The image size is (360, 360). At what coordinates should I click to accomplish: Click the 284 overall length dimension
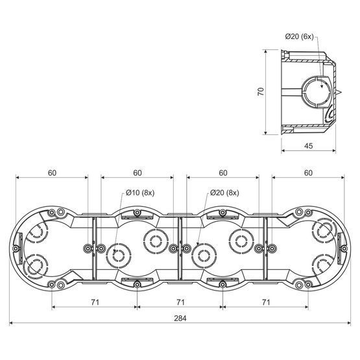point(180,318)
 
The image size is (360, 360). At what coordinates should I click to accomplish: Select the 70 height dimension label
point(261,91)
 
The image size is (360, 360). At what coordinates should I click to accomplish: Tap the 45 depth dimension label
point(308,146)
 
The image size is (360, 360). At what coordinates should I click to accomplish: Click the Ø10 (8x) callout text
point(140,193)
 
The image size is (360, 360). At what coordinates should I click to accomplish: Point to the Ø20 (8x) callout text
point(224,193)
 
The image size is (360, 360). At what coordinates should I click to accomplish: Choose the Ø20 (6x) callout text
point(300,36)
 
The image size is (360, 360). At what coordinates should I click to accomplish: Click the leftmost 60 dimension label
point(52,173)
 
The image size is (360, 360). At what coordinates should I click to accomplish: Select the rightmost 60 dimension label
point(308,173)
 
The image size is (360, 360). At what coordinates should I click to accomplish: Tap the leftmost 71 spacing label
point(95,302)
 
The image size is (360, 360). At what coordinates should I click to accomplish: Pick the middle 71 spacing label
point(180,302)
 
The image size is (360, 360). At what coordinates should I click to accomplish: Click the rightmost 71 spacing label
point(266,302)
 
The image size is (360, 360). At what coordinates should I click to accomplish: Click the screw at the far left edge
point(16,248)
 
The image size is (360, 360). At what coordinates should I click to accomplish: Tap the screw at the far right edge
point(344,248)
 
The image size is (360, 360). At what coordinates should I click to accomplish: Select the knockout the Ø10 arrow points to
point(119,256)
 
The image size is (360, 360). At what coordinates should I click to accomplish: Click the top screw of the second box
point(137,212)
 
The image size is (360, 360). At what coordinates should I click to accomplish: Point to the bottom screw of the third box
point(222,285)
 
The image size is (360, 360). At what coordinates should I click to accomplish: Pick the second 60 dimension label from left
point(138,173)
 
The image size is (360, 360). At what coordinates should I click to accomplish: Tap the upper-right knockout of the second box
point(156,241)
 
